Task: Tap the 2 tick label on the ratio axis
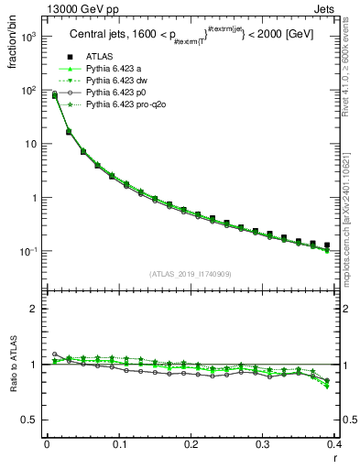[x=34, y=310]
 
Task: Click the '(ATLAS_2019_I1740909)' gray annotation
[x=191, y=274]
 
